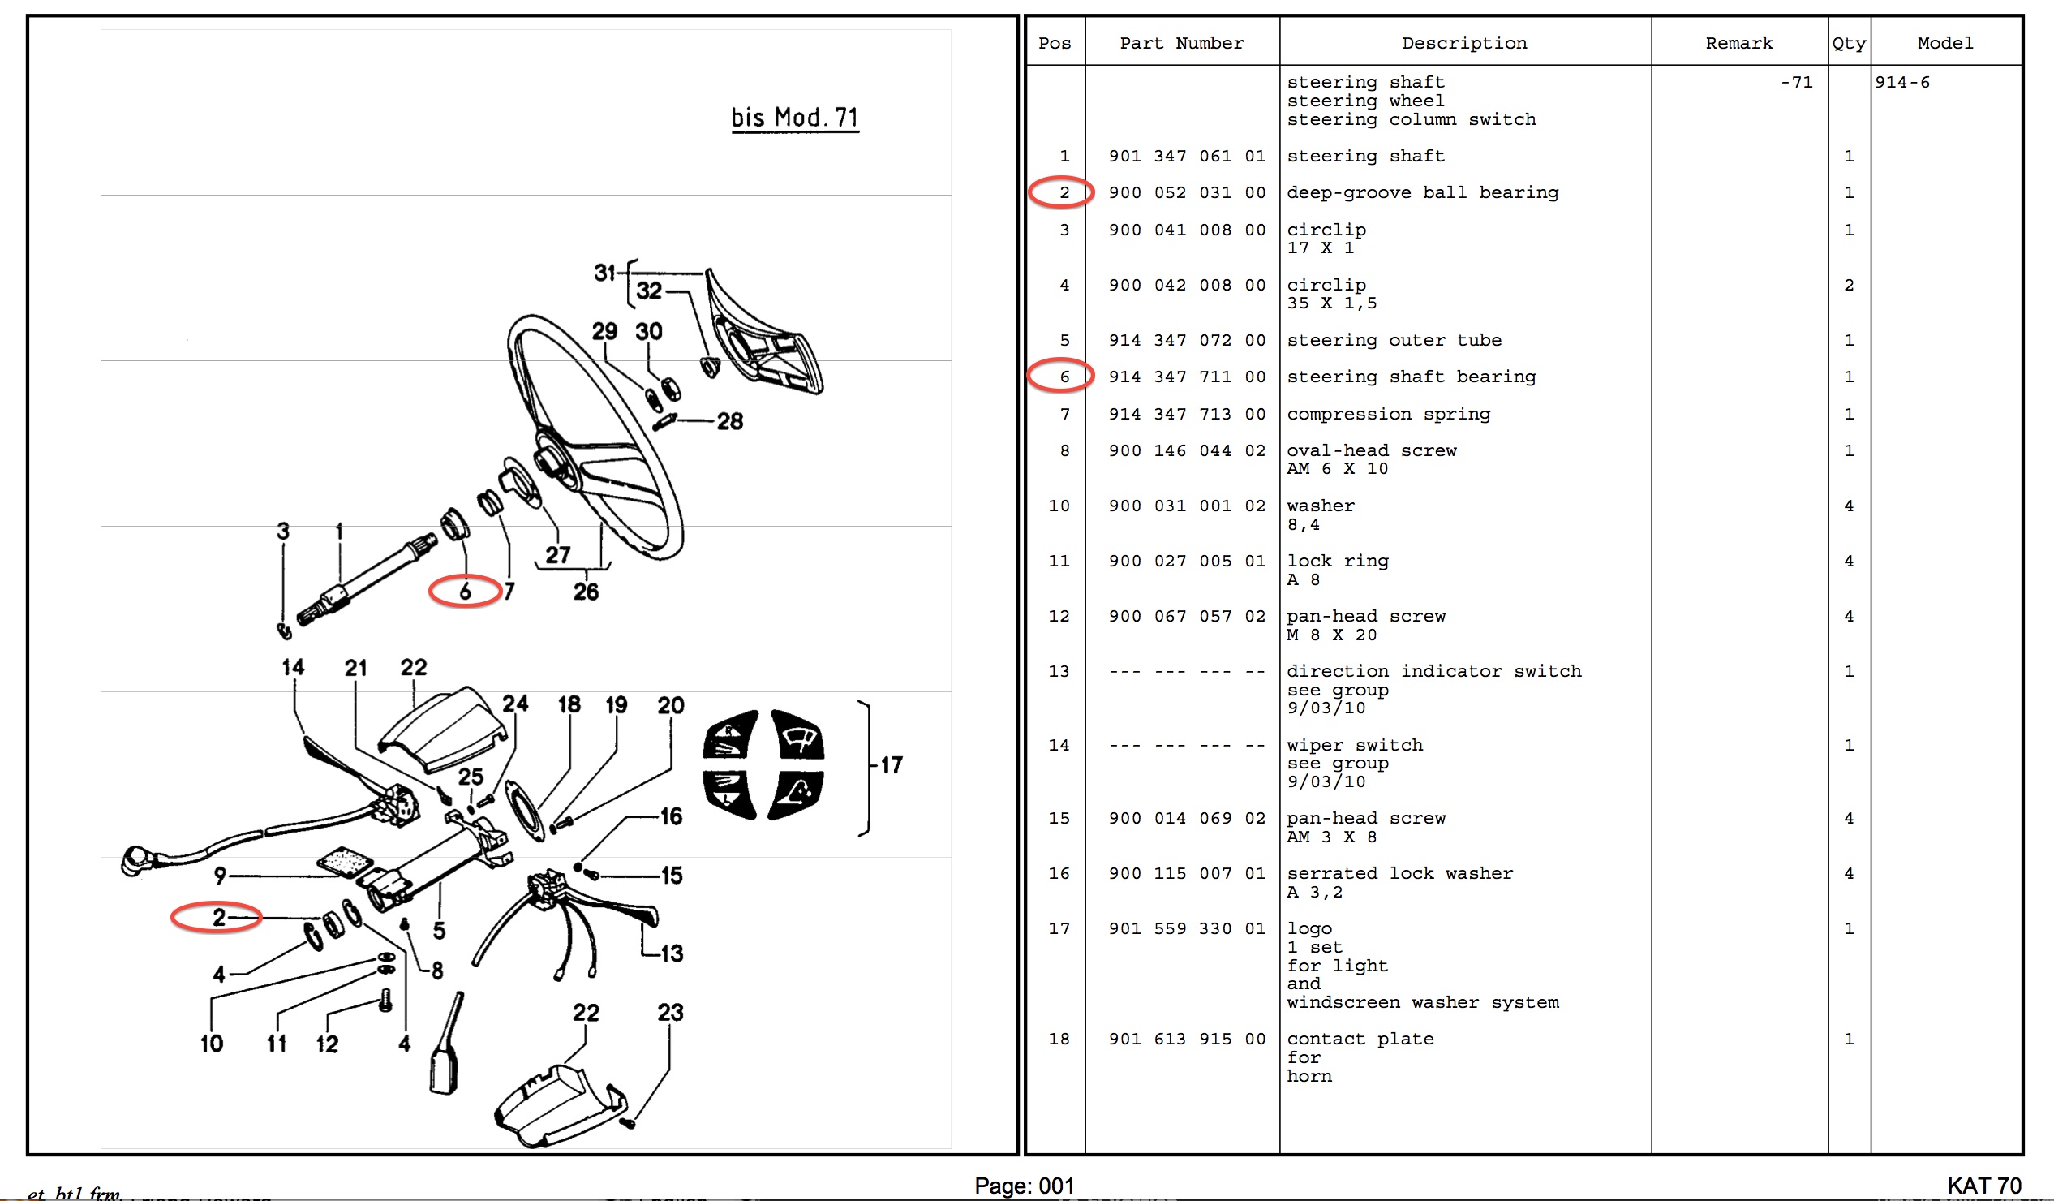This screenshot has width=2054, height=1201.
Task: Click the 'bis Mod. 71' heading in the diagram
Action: [795, 118]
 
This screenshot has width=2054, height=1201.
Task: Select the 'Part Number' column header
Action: [1181, 43]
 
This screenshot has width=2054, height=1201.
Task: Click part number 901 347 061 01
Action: [1186, 156]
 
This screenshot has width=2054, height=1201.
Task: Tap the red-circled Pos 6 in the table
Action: [1063, 377]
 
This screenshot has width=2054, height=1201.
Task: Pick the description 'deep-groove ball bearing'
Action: [1422, 192]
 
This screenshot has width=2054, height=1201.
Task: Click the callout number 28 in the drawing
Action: [729, 421]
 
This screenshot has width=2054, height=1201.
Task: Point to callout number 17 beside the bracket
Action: [892, 764]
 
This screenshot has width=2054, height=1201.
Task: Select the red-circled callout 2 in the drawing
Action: [217, 917]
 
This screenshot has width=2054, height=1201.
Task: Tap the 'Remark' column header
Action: [1738, 43]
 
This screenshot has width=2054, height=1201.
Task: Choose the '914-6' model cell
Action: [1901, 82]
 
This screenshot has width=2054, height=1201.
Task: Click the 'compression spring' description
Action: [1388, 414]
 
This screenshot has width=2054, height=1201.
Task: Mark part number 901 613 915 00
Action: [1186, 1039]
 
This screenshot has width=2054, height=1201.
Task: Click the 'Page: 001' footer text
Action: [1024, 1186]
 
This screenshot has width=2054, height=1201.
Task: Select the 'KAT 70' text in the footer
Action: [1984, 1186]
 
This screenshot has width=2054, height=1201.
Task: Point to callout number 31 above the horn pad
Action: [604, 273]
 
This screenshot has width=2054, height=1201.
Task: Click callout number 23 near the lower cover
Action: [670, 1013]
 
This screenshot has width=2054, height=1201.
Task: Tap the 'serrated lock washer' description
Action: [1399, 873]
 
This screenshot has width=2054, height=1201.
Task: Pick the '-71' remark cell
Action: [1796, 82]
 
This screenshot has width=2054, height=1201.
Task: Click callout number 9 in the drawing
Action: [220, 876]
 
